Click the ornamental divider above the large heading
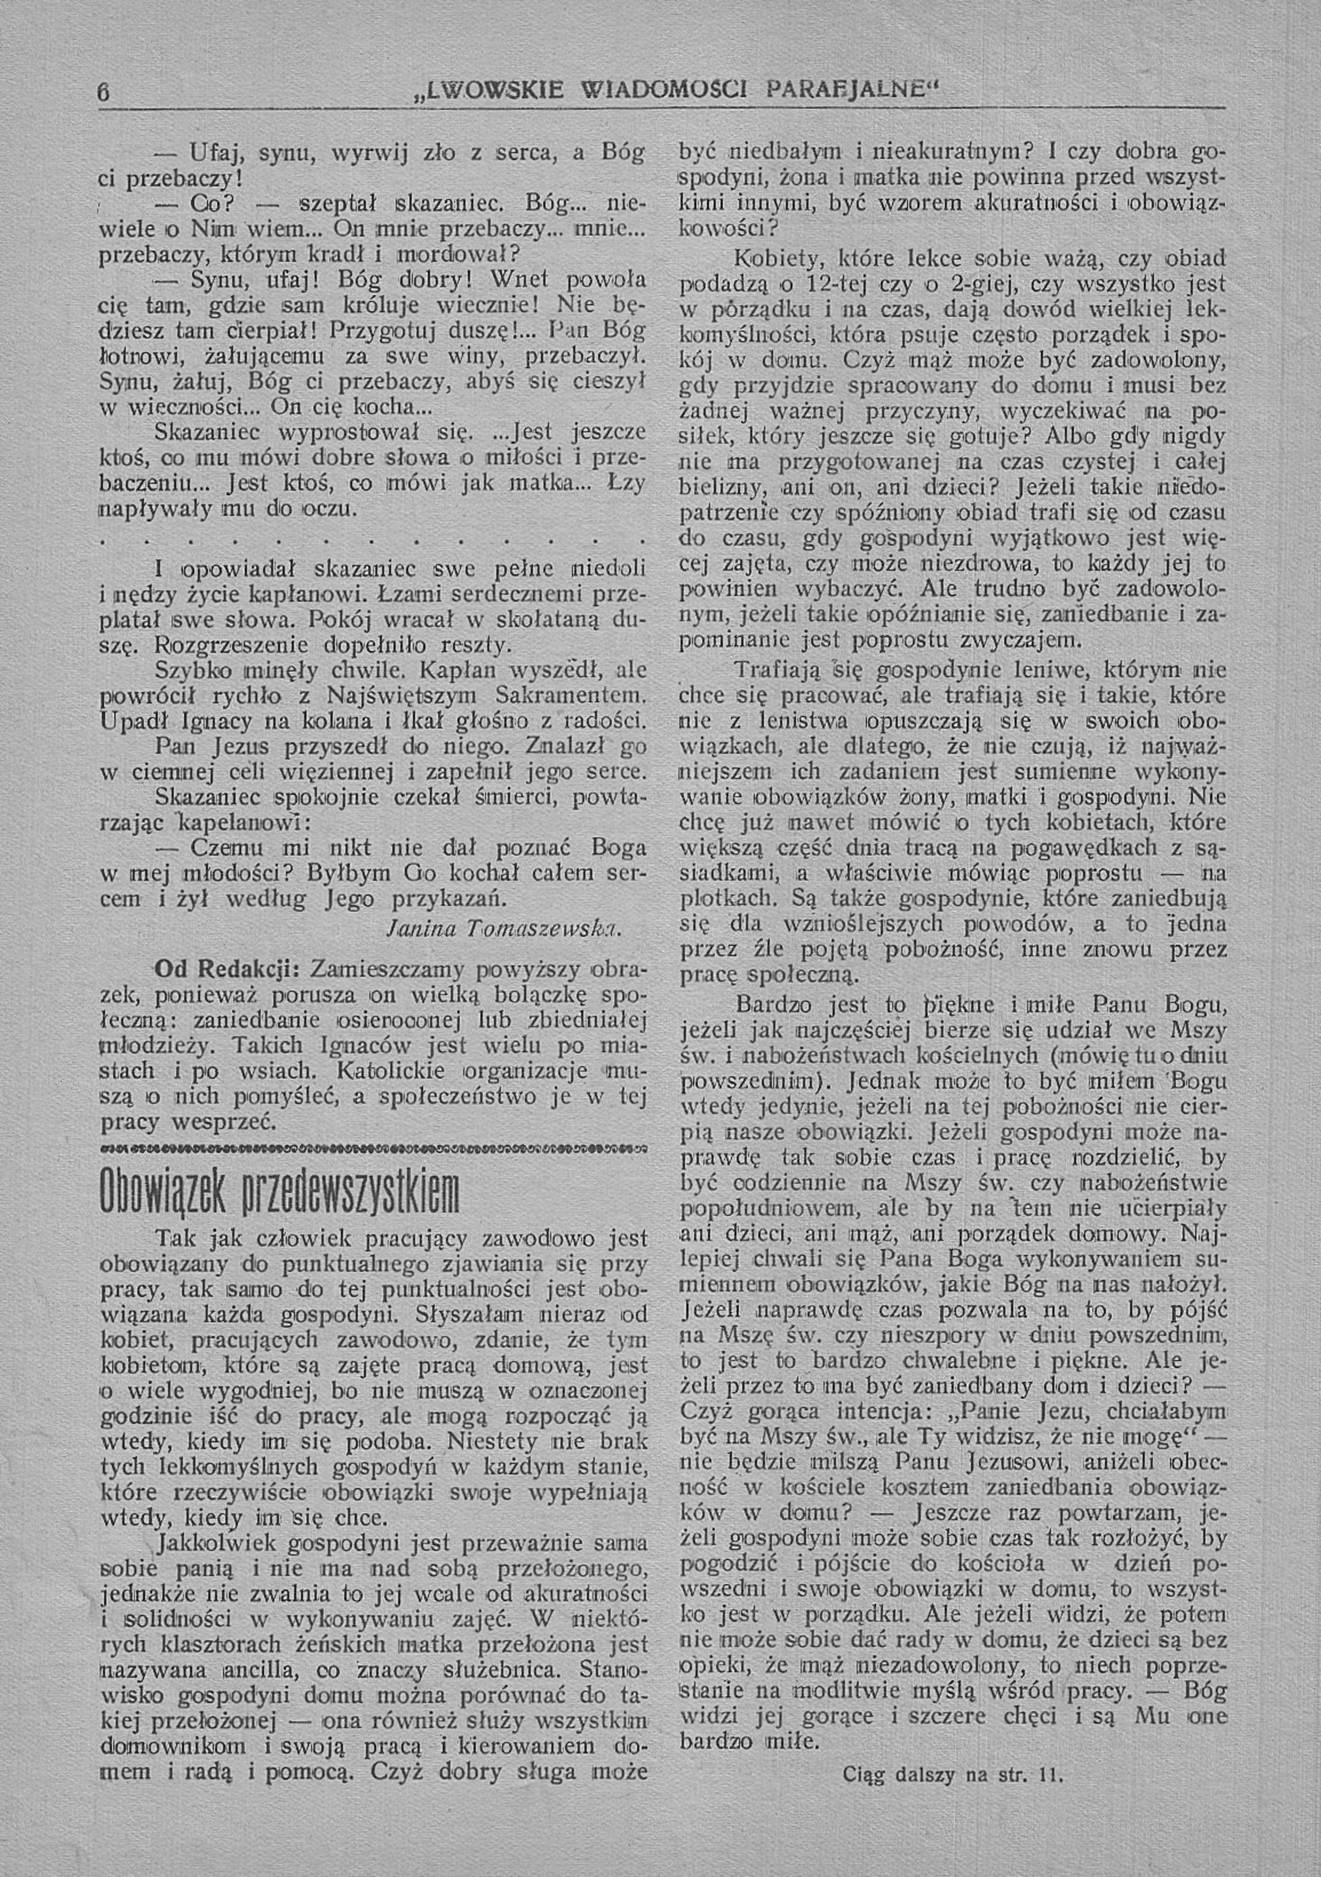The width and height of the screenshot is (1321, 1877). point(372,1151)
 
